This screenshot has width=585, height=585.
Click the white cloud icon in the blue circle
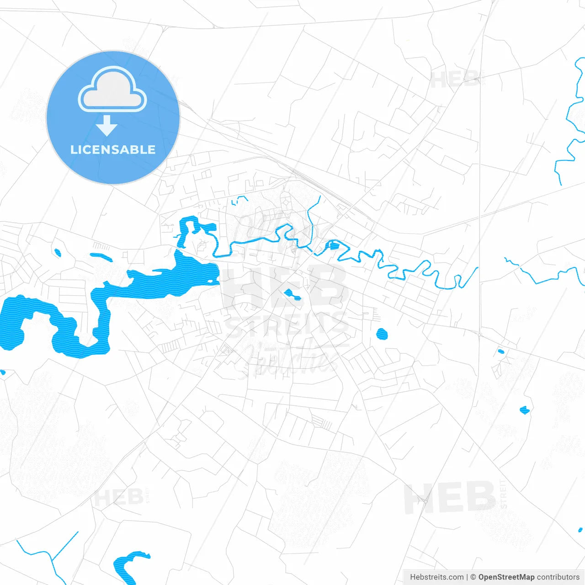(112, 90)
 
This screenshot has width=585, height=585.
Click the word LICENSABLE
(113, 149)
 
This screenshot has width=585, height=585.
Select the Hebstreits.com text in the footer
(437, 577)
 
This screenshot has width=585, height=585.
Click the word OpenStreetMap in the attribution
(506, 577)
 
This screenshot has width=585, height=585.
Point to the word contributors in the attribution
(558, 577)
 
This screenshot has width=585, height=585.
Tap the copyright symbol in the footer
(473, 577)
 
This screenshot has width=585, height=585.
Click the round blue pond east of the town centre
(382, 334)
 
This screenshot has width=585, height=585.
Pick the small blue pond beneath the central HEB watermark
(291, 294)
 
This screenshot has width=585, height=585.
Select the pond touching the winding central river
(333, 246)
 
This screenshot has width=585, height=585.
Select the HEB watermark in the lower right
(450, 497)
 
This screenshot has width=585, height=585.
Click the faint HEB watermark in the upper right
(455, 80)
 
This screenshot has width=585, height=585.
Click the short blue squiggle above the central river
(239, 199)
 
